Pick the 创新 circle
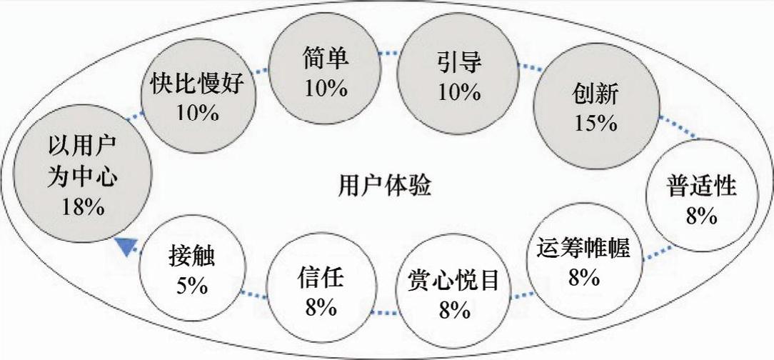[594, 107]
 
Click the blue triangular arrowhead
[126, 245]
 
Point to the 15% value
[595, 122]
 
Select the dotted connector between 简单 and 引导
[387, 53]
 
